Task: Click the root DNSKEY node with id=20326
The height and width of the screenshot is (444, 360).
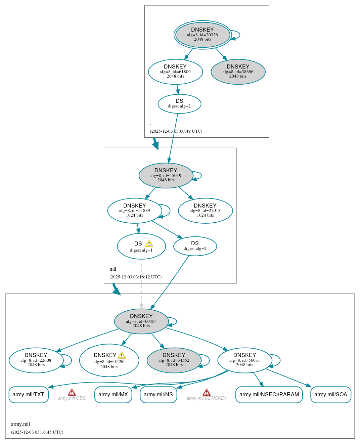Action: (x=203, y=35)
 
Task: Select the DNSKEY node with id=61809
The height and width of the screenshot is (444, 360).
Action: (x=175, y=72)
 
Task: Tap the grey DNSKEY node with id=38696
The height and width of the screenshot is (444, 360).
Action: (x=238, y=72)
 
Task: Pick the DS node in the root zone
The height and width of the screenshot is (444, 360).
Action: (x=179, y=104)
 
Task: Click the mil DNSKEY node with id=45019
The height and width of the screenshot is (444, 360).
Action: (x=166, y=175)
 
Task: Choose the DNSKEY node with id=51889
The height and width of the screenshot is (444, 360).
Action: (x=135, y=211)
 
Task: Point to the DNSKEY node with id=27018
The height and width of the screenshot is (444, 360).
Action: (x=205, y=211)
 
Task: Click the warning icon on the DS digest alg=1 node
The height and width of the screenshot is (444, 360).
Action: (x=149, y=244)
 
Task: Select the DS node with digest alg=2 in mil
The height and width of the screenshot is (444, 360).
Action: (x=195, y=246)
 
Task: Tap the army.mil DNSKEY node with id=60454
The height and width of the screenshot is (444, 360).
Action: (x=141, y=321)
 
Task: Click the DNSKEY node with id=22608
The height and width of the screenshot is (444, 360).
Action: (x=36, y=360)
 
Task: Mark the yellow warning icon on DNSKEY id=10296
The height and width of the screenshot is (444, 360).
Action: (x=122, y=355)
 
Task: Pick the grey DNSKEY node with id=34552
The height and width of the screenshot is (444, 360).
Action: (x=174, y=360)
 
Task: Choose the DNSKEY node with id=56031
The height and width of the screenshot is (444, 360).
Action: (x=245, y=360)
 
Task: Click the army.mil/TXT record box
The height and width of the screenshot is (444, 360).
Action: (x=29, y=395)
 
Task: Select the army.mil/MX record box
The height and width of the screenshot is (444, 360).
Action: (x=113, y=395)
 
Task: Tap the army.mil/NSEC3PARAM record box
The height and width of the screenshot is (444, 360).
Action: (x=269, y=395)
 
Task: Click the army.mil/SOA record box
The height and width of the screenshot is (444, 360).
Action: (x=331, y=395)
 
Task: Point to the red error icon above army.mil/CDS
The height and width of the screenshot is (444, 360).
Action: (x=72, y=392)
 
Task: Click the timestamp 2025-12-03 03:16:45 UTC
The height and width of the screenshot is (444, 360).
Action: (x=37, y=432)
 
